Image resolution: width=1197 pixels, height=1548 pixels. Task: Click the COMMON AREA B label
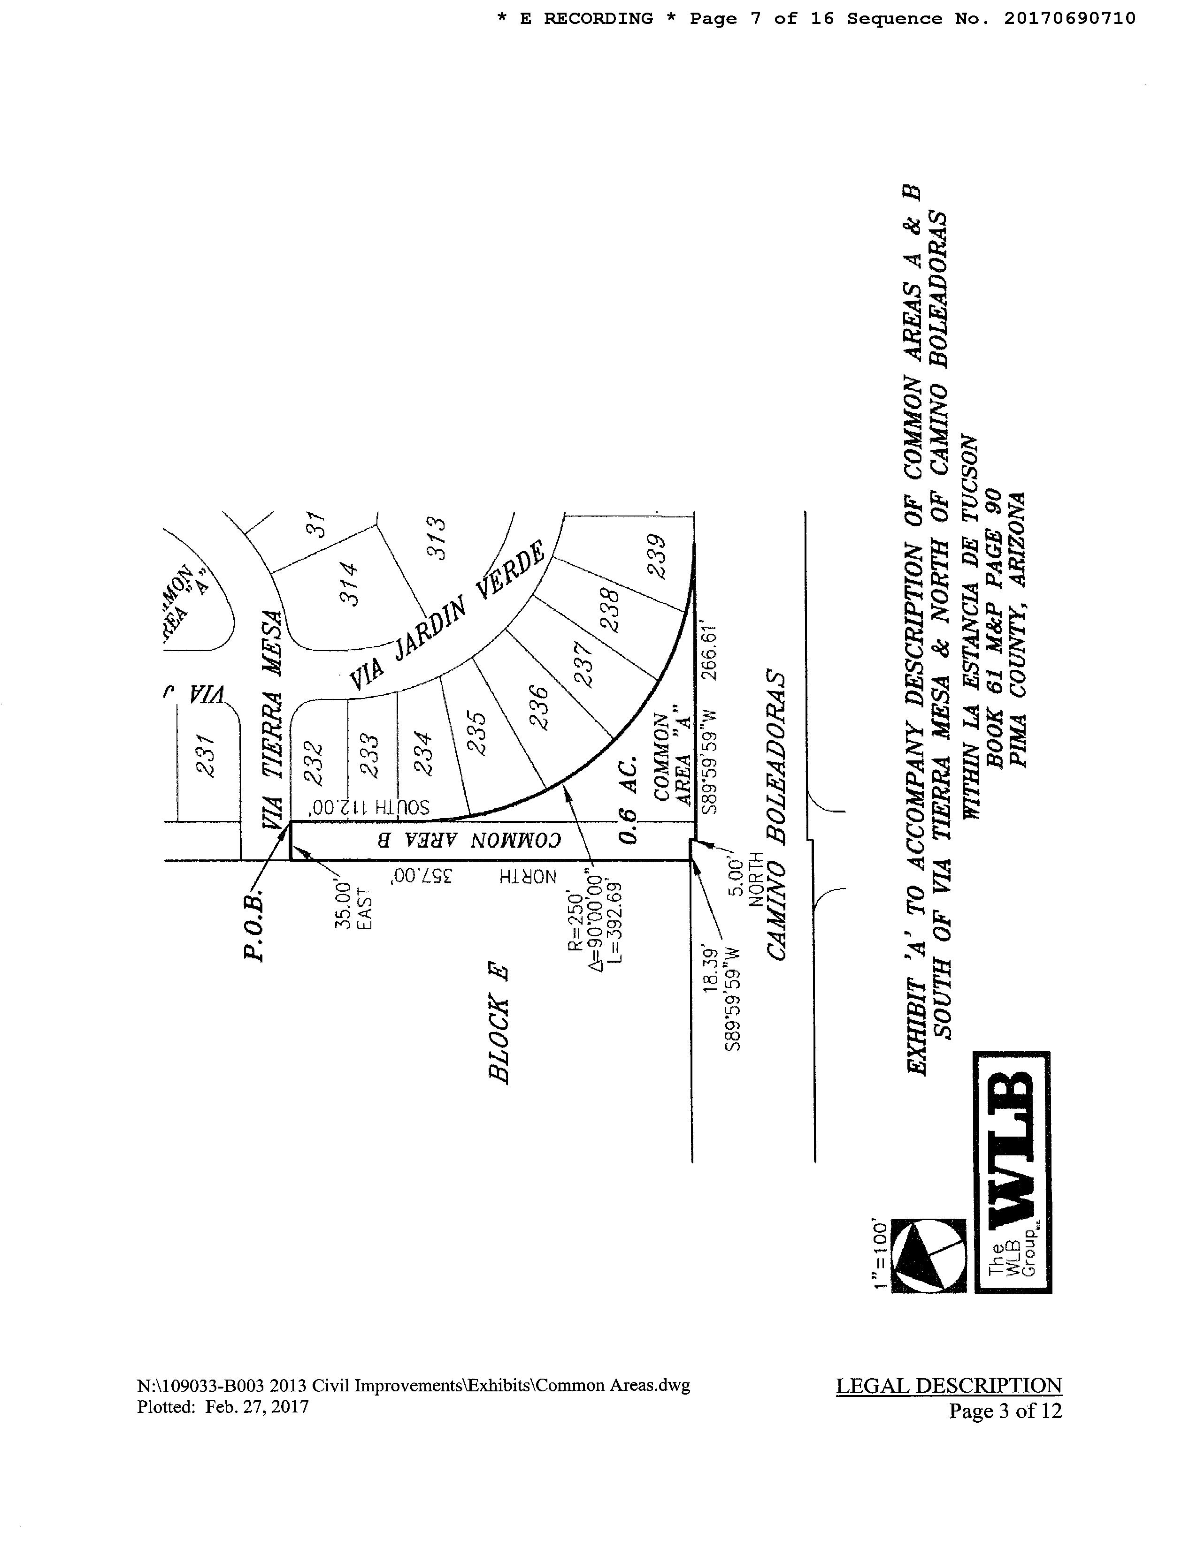coord(468,841)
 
